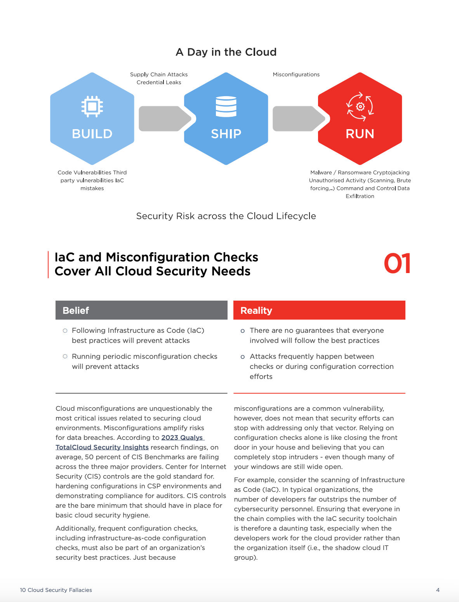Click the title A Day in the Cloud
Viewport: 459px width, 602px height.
[226, 52]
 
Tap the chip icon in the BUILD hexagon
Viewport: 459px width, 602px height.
[92, 106]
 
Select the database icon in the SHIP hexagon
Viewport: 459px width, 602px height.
[226, 106]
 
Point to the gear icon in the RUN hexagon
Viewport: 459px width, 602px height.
[360, 106]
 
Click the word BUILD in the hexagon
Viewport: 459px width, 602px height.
[92, 134]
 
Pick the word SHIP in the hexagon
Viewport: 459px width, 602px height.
[226, 134]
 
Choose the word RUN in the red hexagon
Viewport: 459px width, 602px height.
[360, 134]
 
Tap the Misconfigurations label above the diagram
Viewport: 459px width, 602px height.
[296, 74]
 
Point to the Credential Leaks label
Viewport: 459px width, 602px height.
[159, 82]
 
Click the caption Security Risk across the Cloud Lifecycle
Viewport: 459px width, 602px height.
[226, 216]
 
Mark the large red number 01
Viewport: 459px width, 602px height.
[397, 264]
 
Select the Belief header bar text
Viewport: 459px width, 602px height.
[76, 310]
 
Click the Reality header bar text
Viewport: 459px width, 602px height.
[256, 310]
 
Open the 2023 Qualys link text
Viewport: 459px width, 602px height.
[182, 438]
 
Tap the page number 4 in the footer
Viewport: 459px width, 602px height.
[438, 590]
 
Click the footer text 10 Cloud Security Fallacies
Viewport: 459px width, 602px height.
[56, 590]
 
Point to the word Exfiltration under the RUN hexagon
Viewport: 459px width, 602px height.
[360, 196]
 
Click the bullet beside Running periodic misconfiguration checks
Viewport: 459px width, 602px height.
[65, 356]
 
